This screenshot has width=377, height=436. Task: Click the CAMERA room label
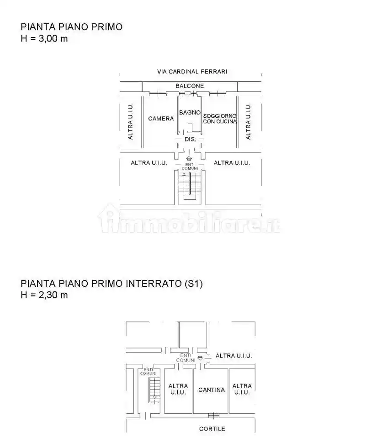(x=161, y=119)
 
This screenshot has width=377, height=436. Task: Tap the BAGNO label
(x=190, y=112)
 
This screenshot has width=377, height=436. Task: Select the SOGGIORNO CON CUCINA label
(x=219, y=119)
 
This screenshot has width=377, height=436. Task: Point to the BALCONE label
(x=190, y=86)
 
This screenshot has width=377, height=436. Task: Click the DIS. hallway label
(x=190, y=139)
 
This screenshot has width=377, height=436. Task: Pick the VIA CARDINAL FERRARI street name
(x=192, y=72)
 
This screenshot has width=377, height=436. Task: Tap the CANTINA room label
(x=212, y=390)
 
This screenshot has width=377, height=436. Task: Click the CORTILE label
(x=212, y=429)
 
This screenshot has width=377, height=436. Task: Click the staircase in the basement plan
(x=154, y=390)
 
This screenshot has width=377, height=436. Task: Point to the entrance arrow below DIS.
(x=189, y=158)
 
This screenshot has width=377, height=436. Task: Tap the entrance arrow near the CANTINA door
(x=200, y=358)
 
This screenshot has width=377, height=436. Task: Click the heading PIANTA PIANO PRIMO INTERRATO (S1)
(x=112, y=283)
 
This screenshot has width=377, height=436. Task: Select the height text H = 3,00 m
(x=44, y=38)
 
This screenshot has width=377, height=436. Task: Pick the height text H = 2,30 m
(x=44, y=295)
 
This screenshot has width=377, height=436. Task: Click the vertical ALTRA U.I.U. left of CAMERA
(x=130, y=121)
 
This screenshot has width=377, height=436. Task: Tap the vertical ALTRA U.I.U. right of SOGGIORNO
(x=248, y=121)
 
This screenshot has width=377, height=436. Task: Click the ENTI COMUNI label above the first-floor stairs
(x=190, y=166)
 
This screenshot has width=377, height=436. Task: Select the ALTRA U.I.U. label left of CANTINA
(x=178, y=389)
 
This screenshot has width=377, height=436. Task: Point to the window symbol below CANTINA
(x=214, y=416)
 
